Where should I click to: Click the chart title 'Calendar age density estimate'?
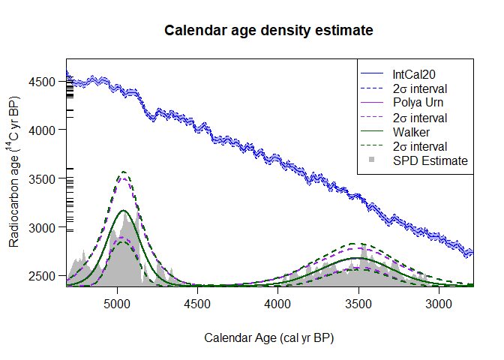(x=268, y=31)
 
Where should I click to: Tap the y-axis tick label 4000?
(x=44, y=130)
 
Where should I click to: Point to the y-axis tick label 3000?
(x=44, y=227)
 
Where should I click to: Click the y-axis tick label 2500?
(x=44, y=276)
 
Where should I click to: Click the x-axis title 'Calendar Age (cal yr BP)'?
(x=268, y=337)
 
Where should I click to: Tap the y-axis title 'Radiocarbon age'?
(x=14, y=177)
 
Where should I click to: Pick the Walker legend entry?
(x=409, y=132)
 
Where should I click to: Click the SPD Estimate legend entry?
(x=430, y=160)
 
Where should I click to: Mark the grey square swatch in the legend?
(x=373, y=160)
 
